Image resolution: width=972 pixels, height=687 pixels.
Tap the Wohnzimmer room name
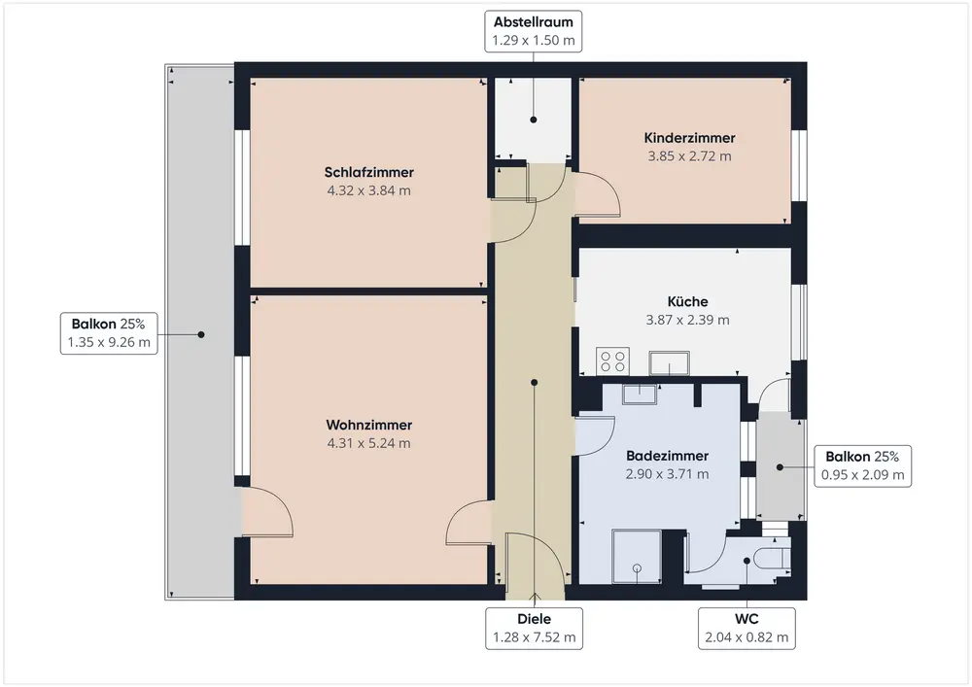point(369,425)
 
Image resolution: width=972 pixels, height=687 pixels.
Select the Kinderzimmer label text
point(689,138)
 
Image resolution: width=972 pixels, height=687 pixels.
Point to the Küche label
point(688,301)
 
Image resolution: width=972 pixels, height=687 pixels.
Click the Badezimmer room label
point(668,456)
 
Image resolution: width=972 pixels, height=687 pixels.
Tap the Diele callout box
point(534,629)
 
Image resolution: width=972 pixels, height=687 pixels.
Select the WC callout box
point(746,629)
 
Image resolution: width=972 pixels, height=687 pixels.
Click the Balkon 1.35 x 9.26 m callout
point(109,333)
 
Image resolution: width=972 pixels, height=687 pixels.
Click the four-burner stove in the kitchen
point(613,362)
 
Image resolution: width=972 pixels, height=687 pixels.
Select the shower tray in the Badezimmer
point(638,559)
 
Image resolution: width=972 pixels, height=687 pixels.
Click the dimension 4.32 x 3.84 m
point(369,190)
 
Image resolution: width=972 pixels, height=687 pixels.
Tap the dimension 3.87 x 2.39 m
point(688,320)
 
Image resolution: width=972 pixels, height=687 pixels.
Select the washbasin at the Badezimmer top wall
point(641,393)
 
